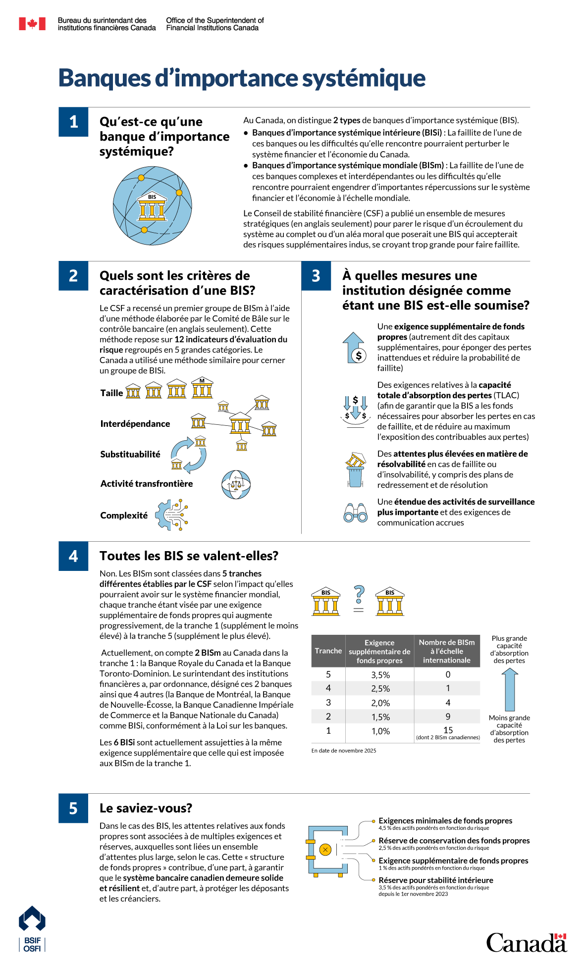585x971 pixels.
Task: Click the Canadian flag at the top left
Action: coord(32,24)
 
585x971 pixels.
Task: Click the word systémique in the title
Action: coord(364,79)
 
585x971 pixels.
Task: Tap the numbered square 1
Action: coord(73,122)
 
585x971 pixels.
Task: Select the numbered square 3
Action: coord(316,276)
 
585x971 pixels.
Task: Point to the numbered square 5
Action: coord(73,808)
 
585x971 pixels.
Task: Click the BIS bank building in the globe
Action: coord(152,206)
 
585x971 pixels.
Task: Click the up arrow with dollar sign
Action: coord(355,348)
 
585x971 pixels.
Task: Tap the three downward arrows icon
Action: coord(355,407)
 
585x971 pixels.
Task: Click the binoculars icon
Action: coord(356,513)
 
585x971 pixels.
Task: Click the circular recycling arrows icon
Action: coord(188,455)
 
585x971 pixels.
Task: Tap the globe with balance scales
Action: coord(236,484)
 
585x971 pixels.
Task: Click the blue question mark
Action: coord(360,594)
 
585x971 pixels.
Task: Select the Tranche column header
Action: coord(328,651)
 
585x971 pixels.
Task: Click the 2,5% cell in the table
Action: coord(380,688)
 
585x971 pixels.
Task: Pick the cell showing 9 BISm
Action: coord(448,716)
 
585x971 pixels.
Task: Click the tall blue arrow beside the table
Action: coord(510,690)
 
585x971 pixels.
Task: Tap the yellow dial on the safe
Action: coord(325,850)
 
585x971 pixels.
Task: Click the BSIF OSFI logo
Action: coord(32,929)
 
